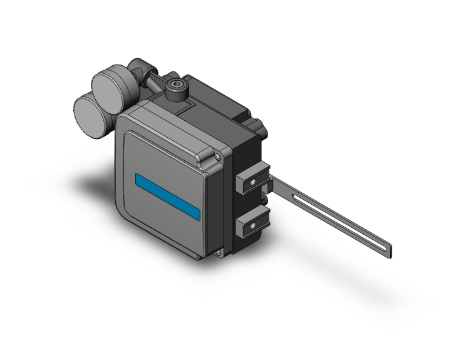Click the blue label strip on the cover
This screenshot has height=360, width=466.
168,196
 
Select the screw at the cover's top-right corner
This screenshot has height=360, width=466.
217,150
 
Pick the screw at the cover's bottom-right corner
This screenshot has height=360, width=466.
219,252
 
